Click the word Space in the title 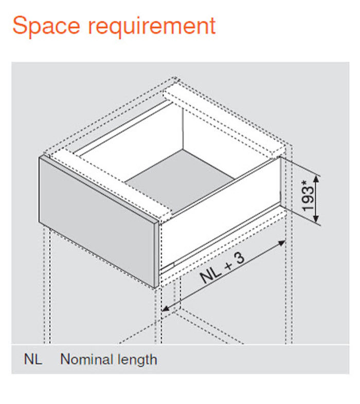(46, 25)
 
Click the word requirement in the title (152, 26)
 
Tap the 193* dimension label (308, 196)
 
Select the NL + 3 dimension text (222, 268)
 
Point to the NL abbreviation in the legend (33, 359)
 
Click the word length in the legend (137, 360)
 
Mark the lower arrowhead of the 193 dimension (316, 219)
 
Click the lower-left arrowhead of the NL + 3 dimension (165, 308)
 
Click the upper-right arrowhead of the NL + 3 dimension (282, 243)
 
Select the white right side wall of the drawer (221, 214)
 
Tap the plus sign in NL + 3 (228, 265)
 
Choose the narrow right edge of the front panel (157, 254)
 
